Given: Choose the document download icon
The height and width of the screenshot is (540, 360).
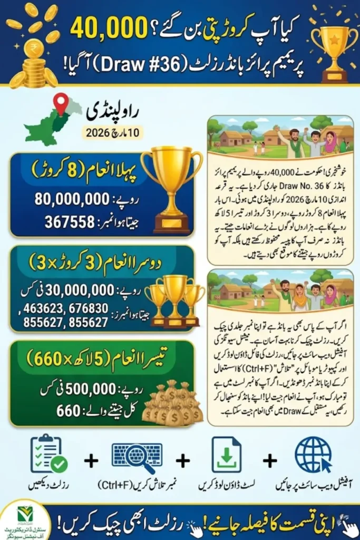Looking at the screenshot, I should [x=227, y=455].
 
